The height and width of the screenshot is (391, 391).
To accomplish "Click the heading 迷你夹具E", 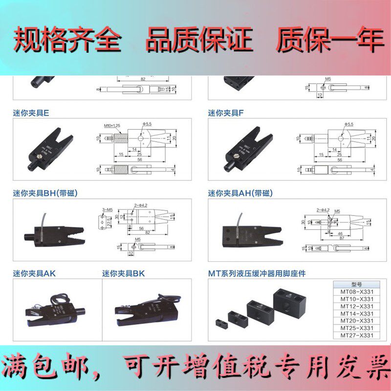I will pos(31,113).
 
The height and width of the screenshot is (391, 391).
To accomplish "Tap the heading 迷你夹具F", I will pos(225,113).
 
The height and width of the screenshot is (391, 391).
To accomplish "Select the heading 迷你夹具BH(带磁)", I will pos(45,193).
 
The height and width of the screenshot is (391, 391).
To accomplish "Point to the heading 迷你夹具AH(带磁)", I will pos(239,193).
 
